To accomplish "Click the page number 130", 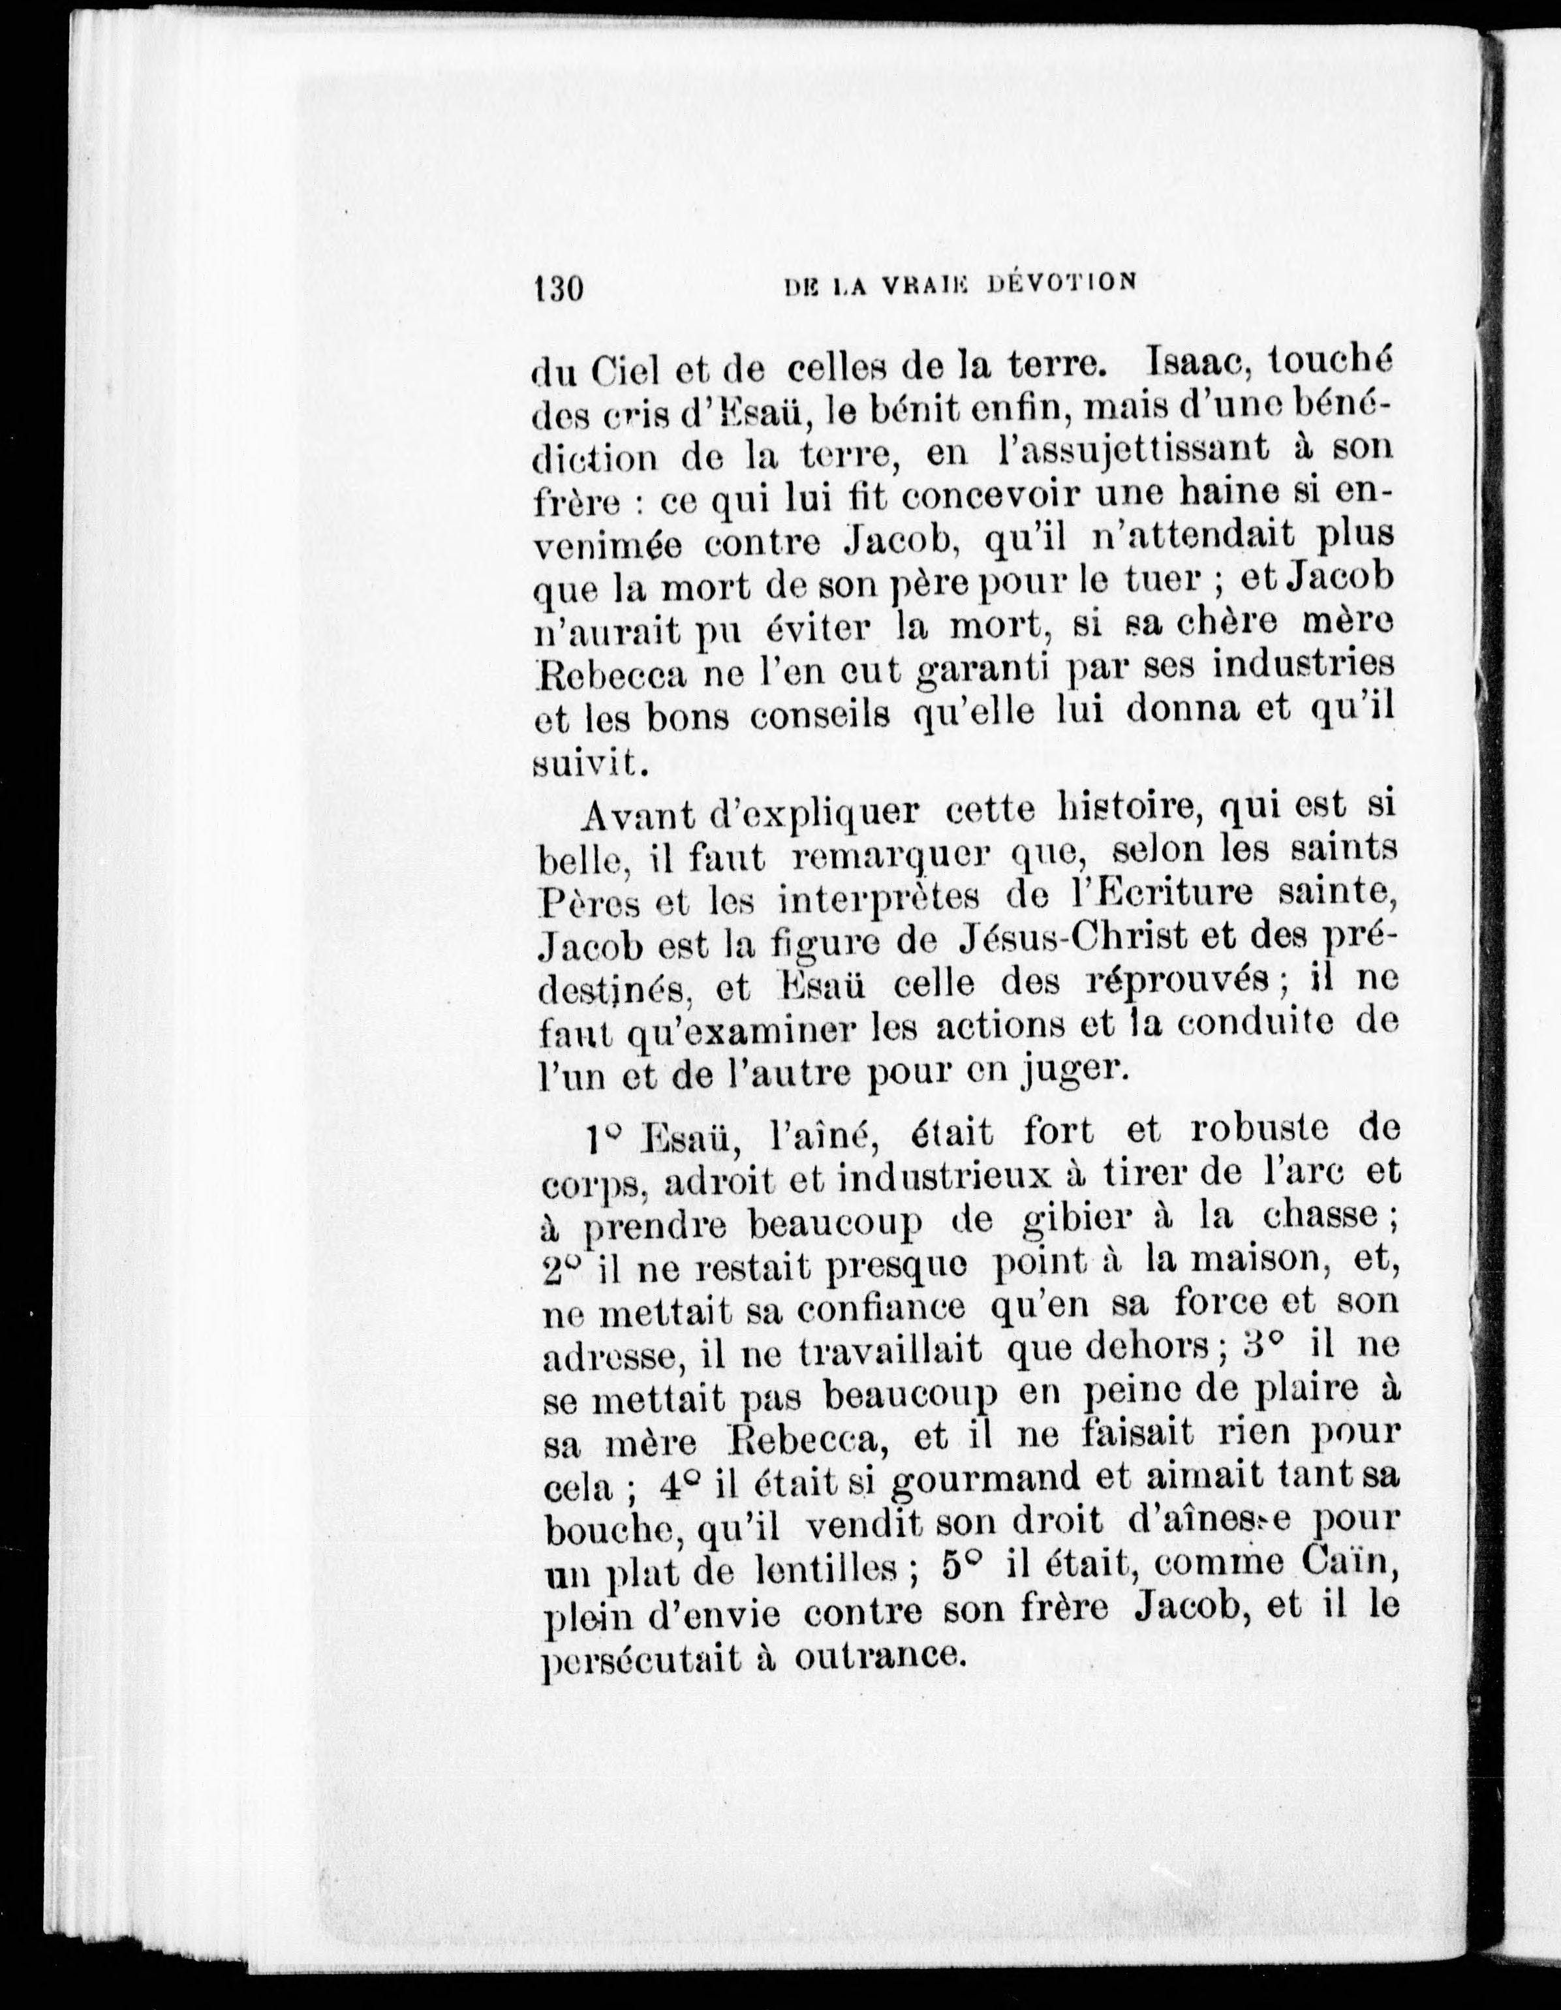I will pyautogui.click(x=559, y=288).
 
